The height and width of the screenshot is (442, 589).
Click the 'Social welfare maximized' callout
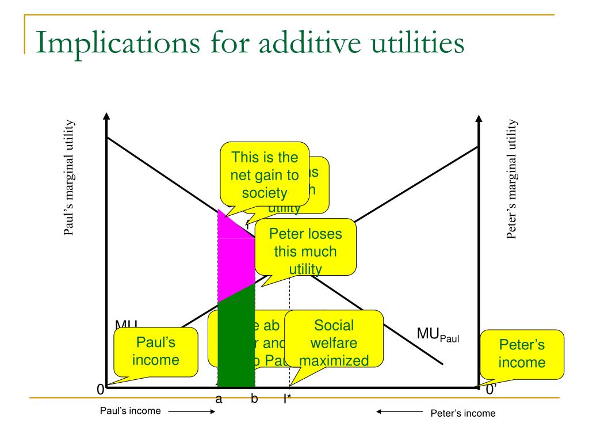tap(334, 343)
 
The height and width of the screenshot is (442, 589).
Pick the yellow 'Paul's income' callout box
tap(156, 351)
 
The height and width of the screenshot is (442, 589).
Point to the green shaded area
tap(236, 345)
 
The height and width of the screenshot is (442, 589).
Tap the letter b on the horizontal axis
tap(254, 399)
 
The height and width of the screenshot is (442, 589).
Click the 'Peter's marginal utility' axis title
tap(513, 178)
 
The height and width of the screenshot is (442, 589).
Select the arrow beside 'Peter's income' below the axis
tap(399, 411)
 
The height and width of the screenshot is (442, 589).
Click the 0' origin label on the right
tap(491, 390)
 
